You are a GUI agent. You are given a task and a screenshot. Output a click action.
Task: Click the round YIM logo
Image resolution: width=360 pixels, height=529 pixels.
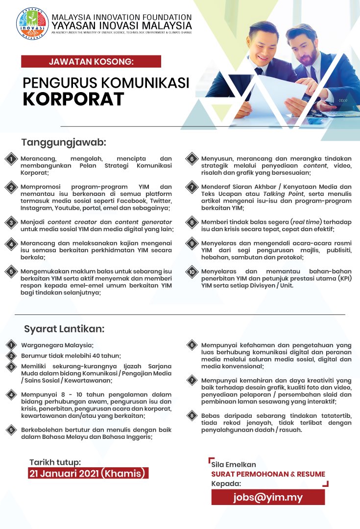[x=33, y=24]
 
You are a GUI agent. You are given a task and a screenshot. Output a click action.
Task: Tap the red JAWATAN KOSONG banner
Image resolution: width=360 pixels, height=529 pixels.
[x=91, y=61]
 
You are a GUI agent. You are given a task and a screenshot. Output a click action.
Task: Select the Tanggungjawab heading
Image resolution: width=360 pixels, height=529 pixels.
[x=64, y=143]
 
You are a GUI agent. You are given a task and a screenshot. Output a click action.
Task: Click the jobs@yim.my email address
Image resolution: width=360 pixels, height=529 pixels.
[x=268, y=497]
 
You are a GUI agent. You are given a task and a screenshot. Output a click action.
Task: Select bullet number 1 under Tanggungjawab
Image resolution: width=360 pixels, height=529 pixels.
[x=10, y=159]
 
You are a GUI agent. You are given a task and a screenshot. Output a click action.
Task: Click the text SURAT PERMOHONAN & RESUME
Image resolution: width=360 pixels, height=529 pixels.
[x=268, y=474]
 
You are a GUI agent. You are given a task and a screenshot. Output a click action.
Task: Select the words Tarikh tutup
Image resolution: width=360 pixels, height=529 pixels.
[x=55, y=462]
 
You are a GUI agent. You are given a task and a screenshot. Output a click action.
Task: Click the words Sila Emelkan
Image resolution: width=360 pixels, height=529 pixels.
[x=234, y=464]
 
